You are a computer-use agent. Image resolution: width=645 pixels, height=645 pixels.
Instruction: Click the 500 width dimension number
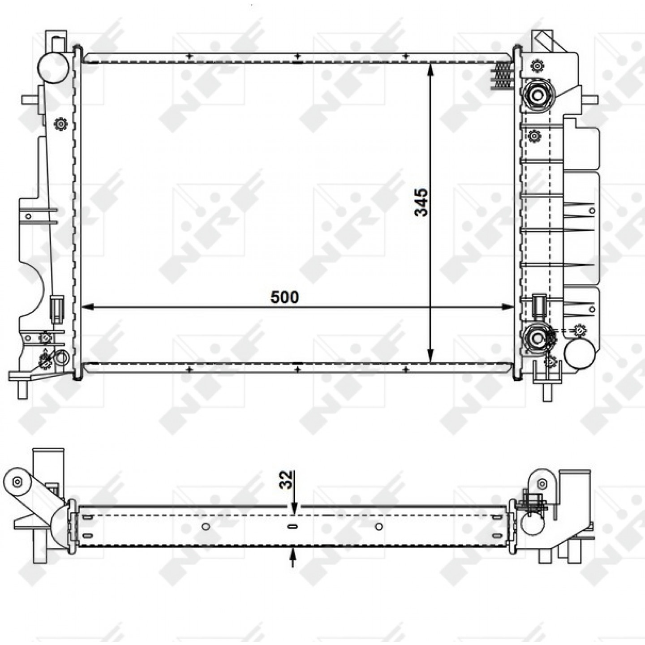coord(284,297)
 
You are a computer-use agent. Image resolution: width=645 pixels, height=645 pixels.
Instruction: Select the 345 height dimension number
coord(421,202)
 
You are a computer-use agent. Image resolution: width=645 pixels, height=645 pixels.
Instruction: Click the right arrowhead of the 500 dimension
coord(508,307)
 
